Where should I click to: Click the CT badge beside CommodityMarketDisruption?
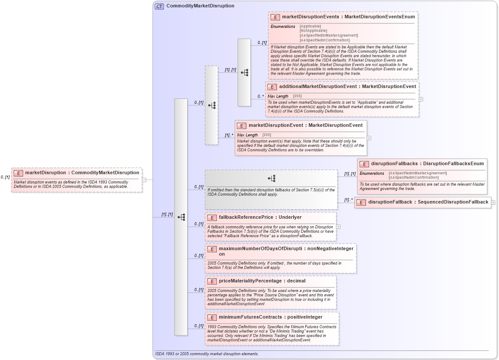coord(159,6)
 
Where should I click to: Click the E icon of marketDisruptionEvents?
coord(275,17)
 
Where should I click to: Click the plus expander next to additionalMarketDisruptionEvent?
coord(421,99)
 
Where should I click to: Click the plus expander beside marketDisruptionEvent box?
coord(369,138)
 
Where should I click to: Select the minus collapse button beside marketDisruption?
coord(144,180)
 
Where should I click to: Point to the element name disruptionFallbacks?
coord(395,164)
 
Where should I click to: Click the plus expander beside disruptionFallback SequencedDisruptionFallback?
coord(493,202)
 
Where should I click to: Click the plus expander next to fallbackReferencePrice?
coord(338,227)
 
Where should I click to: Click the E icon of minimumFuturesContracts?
coord(212,317)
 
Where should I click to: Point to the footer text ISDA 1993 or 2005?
coord(206,354)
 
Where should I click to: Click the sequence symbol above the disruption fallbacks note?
coord(271,178)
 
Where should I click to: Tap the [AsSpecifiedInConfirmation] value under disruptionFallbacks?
coord(414,178)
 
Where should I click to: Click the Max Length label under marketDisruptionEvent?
coord(247,135)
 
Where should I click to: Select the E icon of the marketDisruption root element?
coord(18,173)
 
